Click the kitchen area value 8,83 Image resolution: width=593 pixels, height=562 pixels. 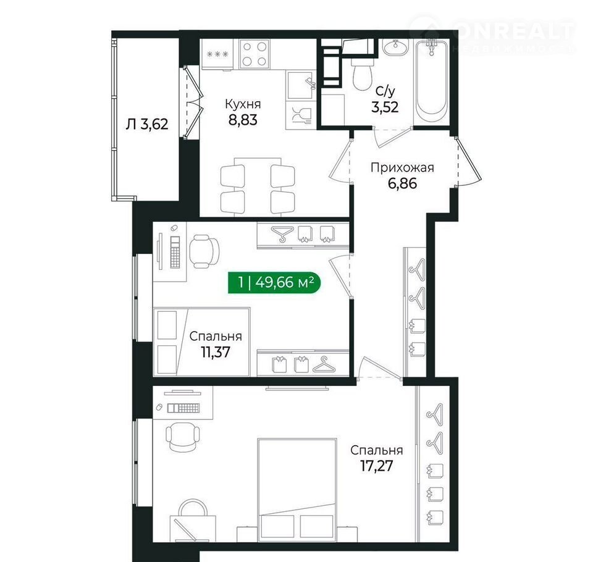pos(242,120)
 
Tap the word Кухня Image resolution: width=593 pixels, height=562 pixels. pos(243,104)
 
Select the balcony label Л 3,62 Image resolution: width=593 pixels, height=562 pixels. pos(147,124)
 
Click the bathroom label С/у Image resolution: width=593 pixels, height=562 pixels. pos(385,91)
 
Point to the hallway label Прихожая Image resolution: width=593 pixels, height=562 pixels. pos(402,167)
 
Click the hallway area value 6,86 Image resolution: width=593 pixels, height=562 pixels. pos(402,183)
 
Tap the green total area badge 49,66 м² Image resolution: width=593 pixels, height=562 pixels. pos(274,282)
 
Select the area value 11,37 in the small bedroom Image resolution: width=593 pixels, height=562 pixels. pos(216,353)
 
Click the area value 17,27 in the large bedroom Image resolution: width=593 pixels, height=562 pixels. pos(376,466)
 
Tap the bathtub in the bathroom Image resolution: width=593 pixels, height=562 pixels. pos(432,81)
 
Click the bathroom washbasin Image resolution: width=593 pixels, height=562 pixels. pos(395,48)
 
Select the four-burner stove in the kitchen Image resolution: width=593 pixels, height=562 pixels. pos(254,54)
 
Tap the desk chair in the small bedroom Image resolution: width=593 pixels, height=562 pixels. pos(204,251)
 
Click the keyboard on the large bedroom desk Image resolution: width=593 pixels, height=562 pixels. pos(183,408)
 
